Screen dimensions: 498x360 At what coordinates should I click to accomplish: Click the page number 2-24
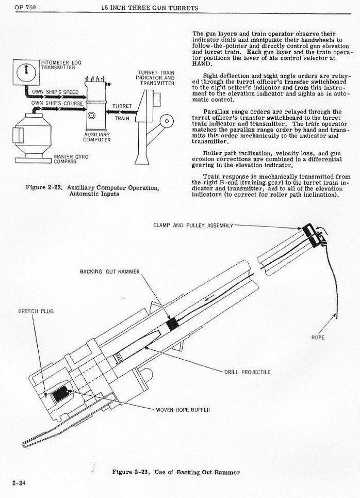point(19,483)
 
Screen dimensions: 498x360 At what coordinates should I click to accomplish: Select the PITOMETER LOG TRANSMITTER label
point(58,65)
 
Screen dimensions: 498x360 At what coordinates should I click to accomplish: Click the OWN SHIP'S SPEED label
point(55,92)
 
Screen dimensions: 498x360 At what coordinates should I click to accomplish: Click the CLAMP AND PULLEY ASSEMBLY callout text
point(193,226)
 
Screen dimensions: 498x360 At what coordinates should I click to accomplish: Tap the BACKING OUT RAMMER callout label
point(109,271)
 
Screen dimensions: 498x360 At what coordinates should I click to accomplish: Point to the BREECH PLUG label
point(35,312)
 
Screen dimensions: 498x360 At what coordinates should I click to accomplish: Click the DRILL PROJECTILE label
point(247,371)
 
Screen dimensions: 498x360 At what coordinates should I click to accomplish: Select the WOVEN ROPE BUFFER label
point(183,410)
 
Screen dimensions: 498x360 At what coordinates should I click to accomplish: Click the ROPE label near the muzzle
point(318,338)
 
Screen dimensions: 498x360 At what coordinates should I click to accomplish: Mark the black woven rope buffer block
point(61,393)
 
